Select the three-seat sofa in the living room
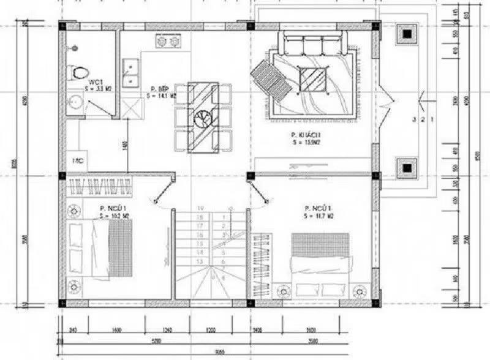314,44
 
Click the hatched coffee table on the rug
314,79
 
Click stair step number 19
199,209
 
